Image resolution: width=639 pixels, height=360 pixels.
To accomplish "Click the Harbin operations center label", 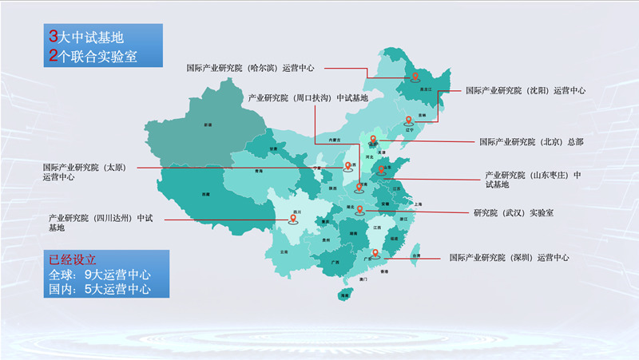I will coord(250,69).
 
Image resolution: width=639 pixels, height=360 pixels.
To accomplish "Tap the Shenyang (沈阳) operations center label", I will coord(526,91).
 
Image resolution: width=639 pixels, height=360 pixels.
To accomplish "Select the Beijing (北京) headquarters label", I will coord(531,142).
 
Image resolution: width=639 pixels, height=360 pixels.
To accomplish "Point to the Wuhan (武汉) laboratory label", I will coord(514,213).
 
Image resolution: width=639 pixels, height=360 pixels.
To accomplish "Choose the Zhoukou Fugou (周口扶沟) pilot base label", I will coord(308,98).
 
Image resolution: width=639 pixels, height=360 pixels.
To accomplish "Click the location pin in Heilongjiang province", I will coord(415,77).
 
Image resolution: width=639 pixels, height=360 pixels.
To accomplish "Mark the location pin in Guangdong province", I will coord(374,255).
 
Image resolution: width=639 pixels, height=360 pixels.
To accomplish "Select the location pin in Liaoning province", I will coord(408,121).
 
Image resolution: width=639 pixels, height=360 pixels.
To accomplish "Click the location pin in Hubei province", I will coord(359,210).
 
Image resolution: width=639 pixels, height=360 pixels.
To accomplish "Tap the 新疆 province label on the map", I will coord(208,125).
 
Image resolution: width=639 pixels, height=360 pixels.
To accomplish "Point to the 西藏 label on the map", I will coord(206,194).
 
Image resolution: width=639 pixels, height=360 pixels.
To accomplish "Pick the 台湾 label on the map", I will coord(416,255).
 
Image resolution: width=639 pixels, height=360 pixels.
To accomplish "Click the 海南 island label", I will coord(344,295).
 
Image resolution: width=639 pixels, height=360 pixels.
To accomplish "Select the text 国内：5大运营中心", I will coord(100,289).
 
